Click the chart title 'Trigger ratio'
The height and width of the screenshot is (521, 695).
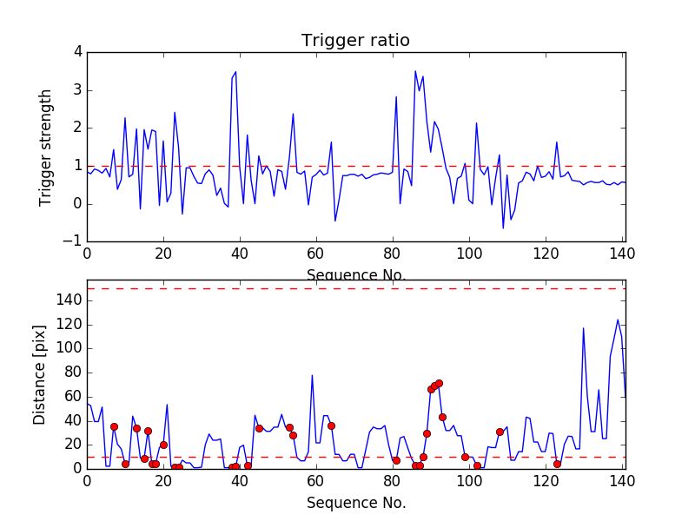click(355, 41)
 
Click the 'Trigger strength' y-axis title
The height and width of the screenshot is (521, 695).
click(46, 147)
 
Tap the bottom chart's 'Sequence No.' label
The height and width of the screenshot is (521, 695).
click(355, 503)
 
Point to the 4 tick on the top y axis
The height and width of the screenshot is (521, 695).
click(78, 52)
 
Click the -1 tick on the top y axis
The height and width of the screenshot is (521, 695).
click(75, 241)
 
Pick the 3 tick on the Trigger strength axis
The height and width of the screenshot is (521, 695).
click(78, 90)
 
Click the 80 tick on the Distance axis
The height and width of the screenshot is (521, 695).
click(74, 373)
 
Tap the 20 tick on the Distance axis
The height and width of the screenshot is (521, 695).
click(74, 445)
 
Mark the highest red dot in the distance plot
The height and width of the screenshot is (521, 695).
click(439, 383)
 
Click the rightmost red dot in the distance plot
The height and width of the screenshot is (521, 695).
click(557, 464)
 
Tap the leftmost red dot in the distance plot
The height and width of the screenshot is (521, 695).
click(114, 426)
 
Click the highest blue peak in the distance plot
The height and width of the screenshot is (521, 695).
click(618, 320)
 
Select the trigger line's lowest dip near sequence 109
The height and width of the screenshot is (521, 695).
click(503, 228)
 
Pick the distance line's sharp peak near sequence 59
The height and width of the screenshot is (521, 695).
click(312, 375)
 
